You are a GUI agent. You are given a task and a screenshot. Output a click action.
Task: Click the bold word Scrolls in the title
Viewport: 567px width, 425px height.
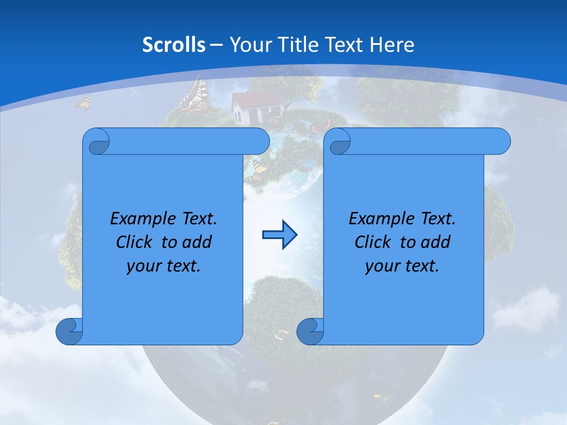coord(174,45)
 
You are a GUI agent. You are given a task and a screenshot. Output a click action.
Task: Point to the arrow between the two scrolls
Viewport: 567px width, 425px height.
coord(279,235)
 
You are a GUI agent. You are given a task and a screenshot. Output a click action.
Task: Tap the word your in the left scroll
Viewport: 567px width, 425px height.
coord(142,266)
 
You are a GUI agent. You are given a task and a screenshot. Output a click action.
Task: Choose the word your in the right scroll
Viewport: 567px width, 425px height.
coord(381,266)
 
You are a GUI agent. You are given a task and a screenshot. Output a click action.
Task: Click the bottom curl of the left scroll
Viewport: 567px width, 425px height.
coord(69,331)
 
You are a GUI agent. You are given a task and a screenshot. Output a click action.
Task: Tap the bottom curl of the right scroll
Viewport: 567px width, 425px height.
coord(310,331)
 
